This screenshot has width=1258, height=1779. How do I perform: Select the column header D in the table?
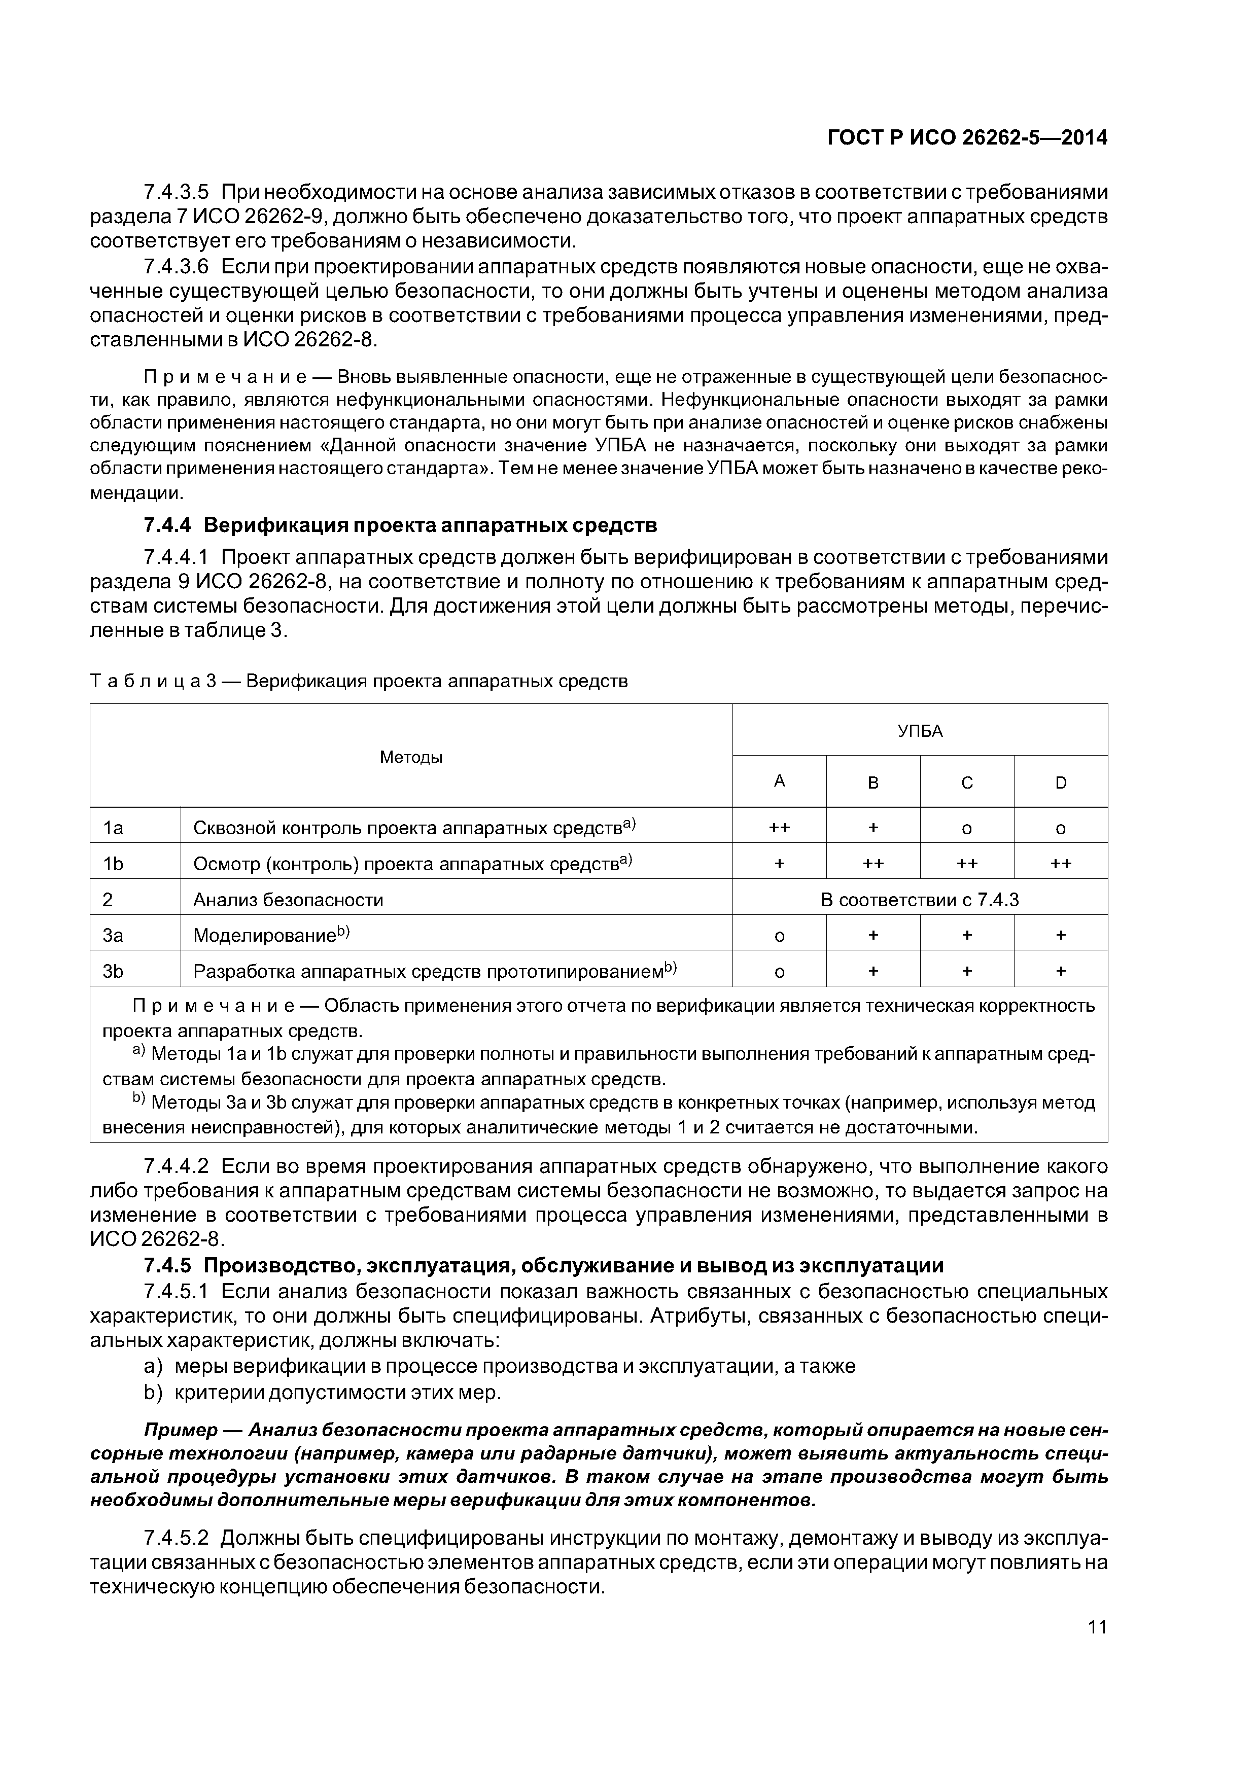point(1060,782)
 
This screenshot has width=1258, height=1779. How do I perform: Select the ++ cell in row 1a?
point(779,828)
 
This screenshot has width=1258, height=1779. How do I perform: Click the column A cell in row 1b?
point(779,863)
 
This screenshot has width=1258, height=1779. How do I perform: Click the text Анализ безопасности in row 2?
point(288,900)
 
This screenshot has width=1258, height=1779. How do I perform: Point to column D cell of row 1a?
point(1060,828)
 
